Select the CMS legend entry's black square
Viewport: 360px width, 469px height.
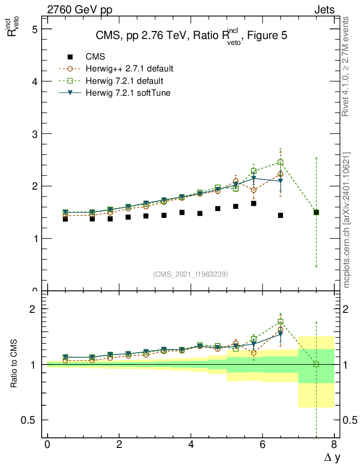click(x=70, y=57)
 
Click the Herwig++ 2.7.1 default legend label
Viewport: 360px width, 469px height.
click(x=130, y=69)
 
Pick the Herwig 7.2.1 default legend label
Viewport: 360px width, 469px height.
click(x=125, y=81)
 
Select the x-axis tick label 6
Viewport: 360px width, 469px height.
click(x=262, y=445)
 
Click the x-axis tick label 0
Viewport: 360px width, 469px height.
click(x=47, y=445)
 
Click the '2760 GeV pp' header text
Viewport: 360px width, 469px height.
click(x=80, y=10)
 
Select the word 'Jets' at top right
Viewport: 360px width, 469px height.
click(x=324, y=10)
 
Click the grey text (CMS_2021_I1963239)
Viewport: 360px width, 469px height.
click(x=191, y=274)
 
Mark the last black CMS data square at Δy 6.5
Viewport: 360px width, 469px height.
click(x=280, y=215)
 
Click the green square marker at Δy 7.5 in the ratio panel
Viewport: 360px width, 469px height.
click(x=316, y=365)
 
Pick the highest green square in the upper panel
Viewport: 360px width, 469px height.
click(x=280, y=162)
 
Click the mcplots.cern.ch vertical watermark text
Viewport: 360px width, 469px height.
click(x=347, y=220)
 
